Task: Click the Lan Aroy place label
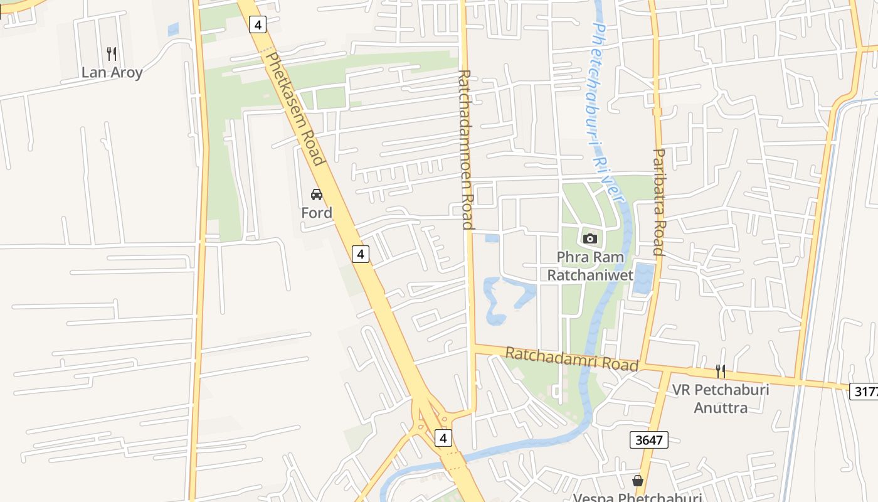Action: click(x=112, y=72)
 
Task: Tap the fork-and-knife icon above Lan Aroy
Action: click(x=112, y=53)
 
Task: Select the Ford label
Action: click(x=317, y=213)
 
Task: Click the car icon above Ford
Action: click(x=317, y=195)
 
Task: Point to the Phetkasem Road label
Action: click(x=295, y=109)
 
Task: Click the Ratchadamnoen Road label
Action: click(x=465, y=149)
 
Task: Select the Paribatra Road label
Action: click(x=658, y=202)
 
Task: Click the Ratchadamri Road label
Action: click(x=571, y=359)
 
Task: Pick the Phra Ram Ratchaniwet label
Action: click(x=590, y=266)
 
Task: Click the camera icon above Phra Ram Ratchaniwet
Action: click(x=590, y=238)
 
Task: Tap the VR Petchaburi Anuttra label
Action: click(x=721, y=398)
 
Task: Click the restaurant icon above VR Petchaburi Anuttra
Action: click(x=721, y=371)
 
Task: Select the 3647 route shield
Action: click(x=649, y=440)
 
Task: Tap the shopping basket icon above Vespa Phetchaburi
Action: click(x=638, y=481)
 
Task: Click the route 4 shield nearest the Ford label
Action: click(x=360, y=254)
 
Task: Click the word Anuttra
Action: click(x=721, y=408)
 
